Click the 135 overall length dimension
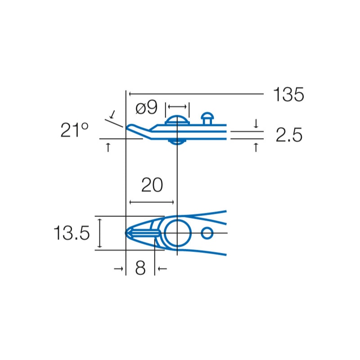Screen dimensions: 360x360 tap(288, 94)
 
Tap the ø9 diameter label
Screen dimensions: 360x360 tap(147, 107)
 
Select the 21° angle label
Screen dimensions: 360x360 tap(74, 130)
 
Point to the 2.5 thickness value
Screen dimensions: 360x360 tap(289, 135)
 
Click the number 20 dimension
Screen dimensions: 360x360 tap(152, 185)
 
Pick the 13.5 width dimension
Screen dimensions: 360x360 tap(72, 233)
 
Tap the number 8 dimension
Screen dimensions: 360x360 tap(140, 268)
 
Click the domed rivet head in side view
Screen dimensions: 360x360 tap(177, 120)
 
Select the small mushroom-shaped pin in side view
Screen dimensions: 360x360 tap(207, 118)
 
